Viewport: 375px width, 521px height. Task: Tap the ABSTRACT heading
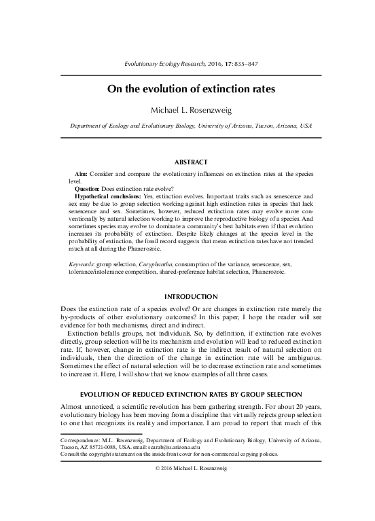coord(187,162)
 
